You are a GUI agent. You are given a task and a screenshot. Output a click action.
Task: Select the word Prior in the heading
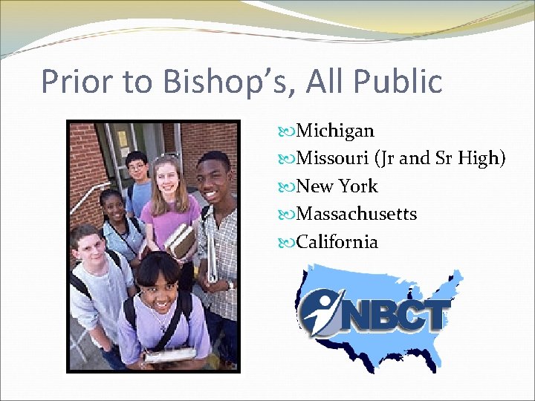(77, 82)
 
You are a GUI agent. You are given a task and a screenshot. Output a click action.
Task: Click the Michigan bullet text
(335, 131)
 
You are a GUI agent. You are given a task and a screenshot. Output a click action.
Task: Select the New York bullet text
(337, 186)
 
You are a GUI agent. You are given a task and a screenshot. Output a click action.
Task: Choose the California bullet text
(337, 242)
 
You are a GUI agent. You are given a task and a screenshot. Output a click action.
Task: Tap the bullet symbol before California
(288, 243)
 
